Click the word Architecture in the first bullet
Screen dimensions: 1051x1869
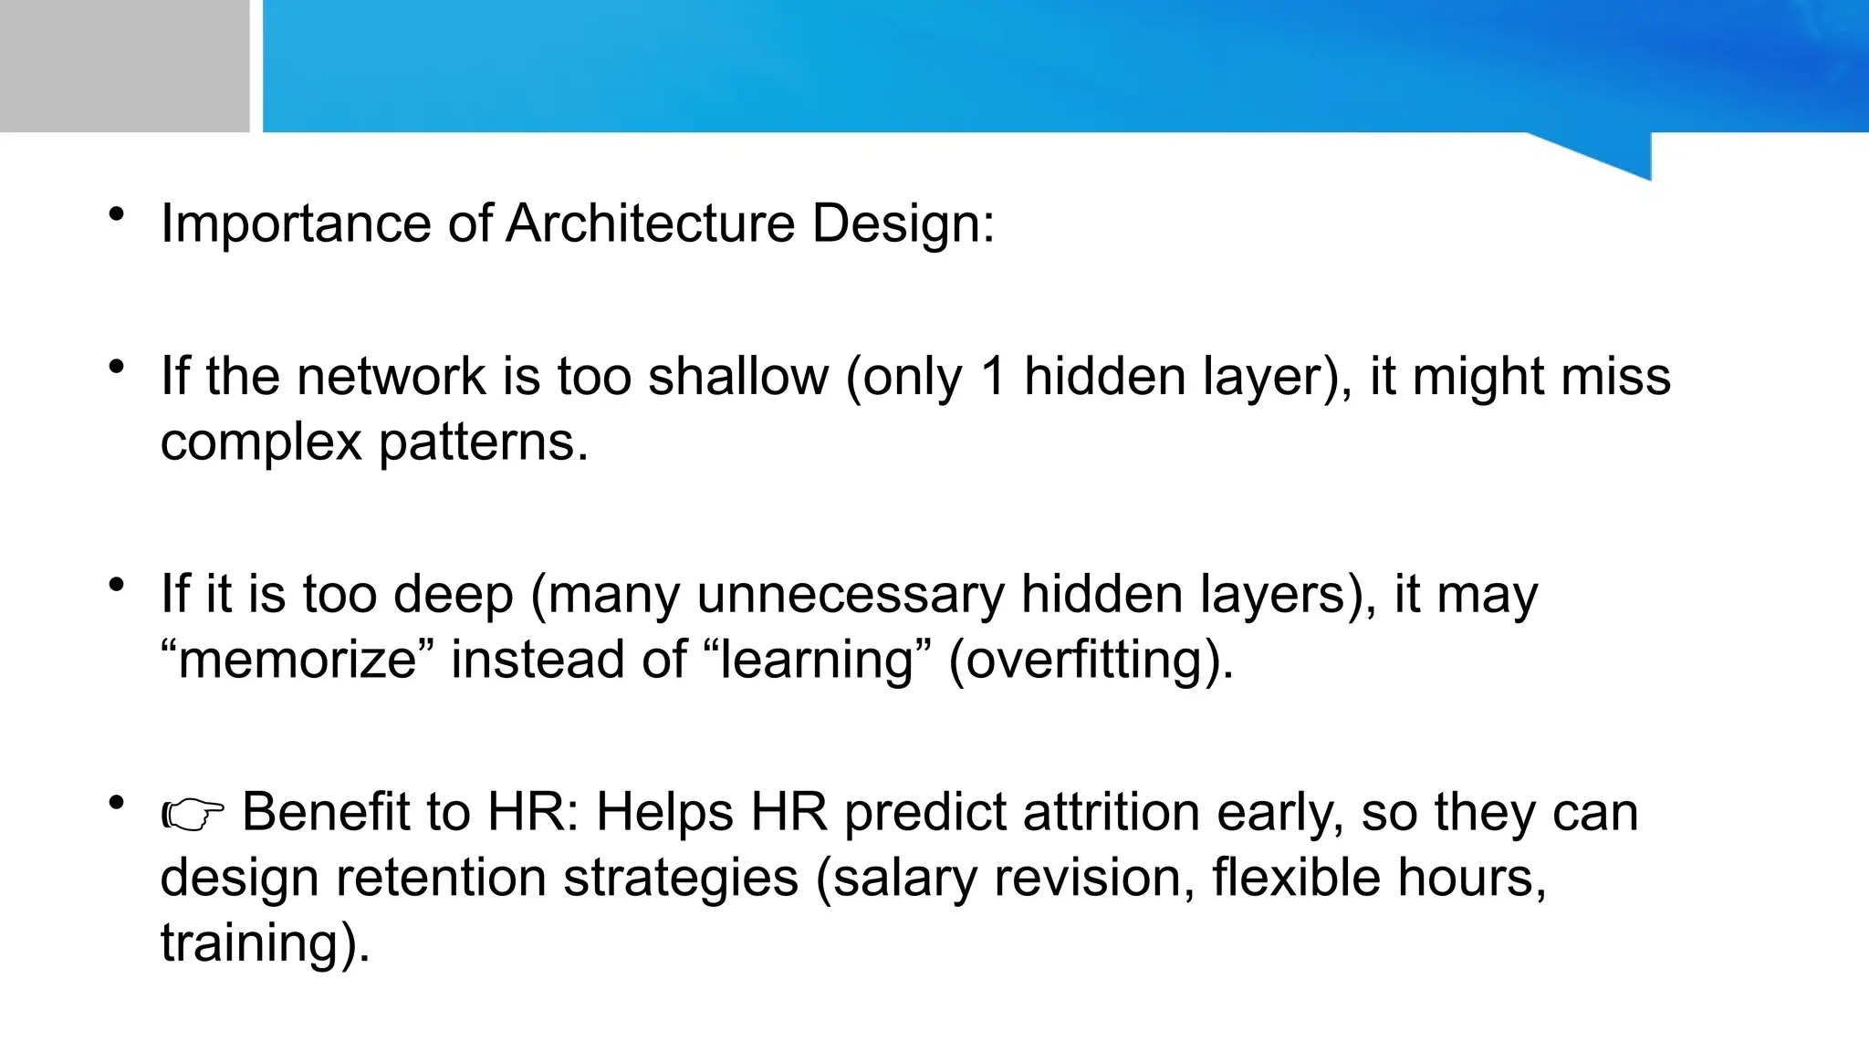[x=650, y=223]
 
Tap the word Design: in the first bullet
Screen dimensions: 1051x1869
[x=903, y=223]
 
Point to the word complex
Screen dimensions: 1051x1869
[x=261, y=442]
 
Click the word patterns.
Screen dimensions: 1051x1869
[x=483, y=442]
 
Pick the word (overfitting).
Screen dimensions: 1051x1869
[x=1091, y=660]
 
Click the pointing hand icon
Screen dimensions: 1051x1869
[x=193, y=815]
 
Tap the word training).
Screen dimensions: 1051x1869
[x=265, y=942]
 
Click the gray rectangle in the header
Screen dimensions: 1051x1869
[x=124, y=66]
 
